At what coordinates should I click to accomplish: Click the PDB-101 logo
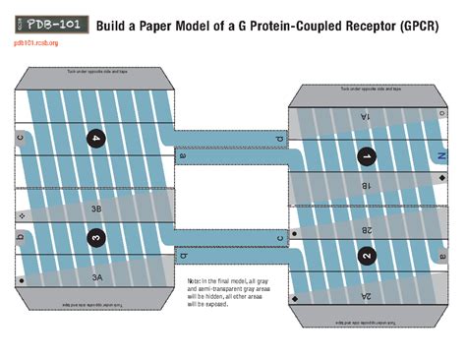pos(50,23)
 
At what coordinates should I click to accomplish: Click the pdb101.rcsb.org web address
pos(36,43)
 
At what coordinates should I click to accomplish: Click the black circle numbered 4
pos(95,139)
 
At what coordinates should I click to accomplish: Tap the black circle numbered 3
pos(95,237)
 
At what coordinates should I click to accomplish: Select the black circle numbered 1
pos(366,156)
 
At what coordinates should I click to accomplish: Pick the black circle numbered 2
pos(366,256)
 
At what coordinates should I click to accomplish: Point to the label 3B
pos(96,209)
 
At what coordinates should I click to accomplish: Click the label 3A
pos(96,278)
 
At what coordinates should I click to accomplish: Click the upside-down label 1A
pos(365,116)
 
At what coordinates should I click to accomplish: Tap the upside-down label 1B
pos(365,185)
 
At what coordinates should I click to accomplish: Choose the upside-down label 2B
pos(365,228)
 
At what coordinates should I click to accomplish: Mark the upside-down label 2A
pos(365,295)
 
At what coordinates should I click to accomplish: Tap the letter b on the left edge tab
pos(20,236)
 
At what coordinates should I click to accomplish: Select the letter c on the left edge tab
pos(20,137)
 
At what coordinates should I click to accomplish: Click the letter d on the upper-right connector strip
pos(279,141)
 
